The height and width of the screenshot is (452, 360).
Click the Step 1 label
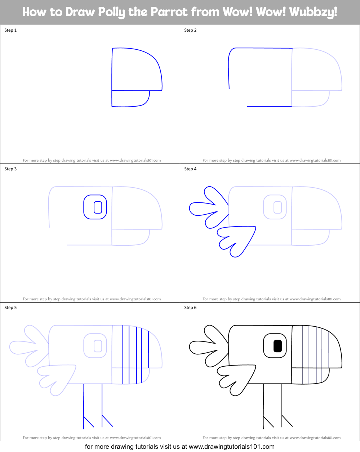(10, 30)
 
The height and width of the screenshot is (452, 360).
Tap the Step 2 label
(190, 30)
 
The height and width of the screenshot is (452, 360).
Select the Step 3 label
(10, 169)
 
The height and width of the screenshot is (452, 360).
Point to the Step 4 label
(190, 169)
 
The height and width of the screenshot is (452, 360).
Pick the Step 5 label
(10, 308)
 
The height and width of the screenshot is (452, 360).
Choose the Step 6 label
(190, 308)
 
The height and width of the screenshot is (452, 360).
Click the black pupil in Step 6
(277, 346)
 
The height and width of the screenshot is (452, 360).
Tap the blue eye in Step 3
(95, 207)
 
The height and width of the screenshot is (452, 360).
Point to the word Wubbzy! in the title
(313, 12)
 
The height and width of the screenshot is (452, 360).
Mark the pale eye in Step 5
(95, 346)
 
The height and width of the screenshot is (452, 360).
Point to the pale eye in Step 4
(275, 207)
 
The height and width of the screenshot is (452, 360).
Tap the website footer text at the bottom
(179, 447)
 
